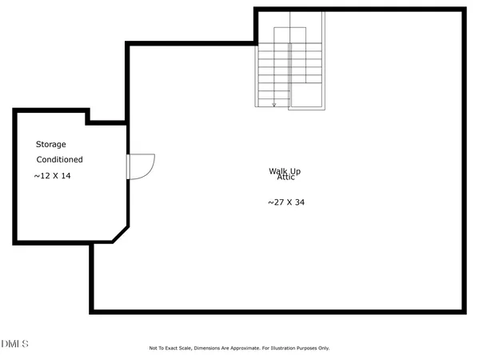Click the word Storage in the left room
tap(50, 145)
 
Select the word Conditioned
tap(59, 159)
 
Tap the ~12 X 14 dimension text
tap(53, 175)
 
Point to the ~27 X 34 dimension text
tap(285, 202)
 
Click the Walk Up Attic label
tap(285, 174)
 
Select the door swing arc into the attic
tap(144, 166)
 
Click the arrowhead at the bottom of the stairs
tap(274, 104)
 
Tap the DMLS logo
tap(14, 344)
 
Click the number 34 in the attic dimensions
tap(299, 202)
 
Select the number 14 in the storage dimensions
tap(66, 175)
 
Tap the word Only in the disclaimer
tap(324, 348)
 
